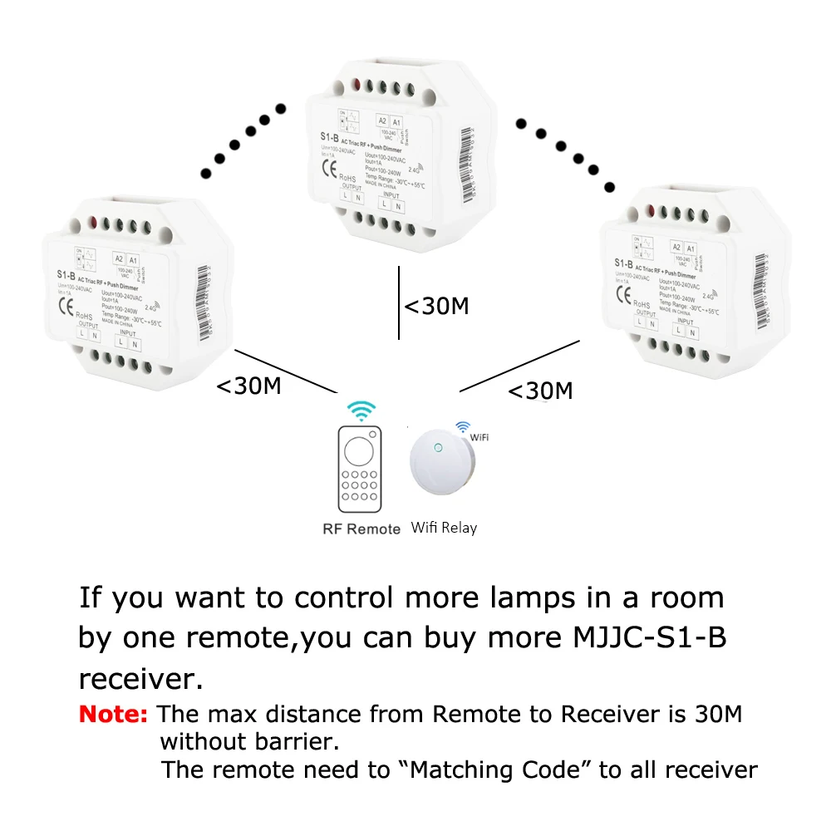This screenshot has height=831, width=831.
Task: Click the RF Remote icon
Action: pos(360,470)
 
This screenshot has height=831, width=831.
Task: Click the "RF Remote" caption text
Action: pos(361,529)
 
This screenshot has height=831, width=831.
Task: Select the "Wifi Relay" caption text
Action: pos(444,528)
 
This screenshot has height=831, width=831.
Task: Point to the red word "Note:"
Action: pos(113,714)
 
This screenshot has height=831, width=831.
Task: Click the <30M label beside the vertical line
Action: pos(436,306)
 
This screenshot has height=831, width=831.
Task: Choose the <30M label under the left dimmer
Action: pos(248,386)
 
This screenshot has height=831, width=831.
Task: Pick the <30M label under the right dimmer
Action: pos(540,390)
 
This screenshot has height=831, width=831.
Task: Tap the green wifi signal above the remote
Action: pos(361,411)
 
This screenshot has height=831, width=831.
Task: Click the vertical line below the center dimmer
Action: pos(399,303)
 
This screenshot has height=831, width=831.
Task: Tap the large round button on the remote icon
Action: pos(360,453)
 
